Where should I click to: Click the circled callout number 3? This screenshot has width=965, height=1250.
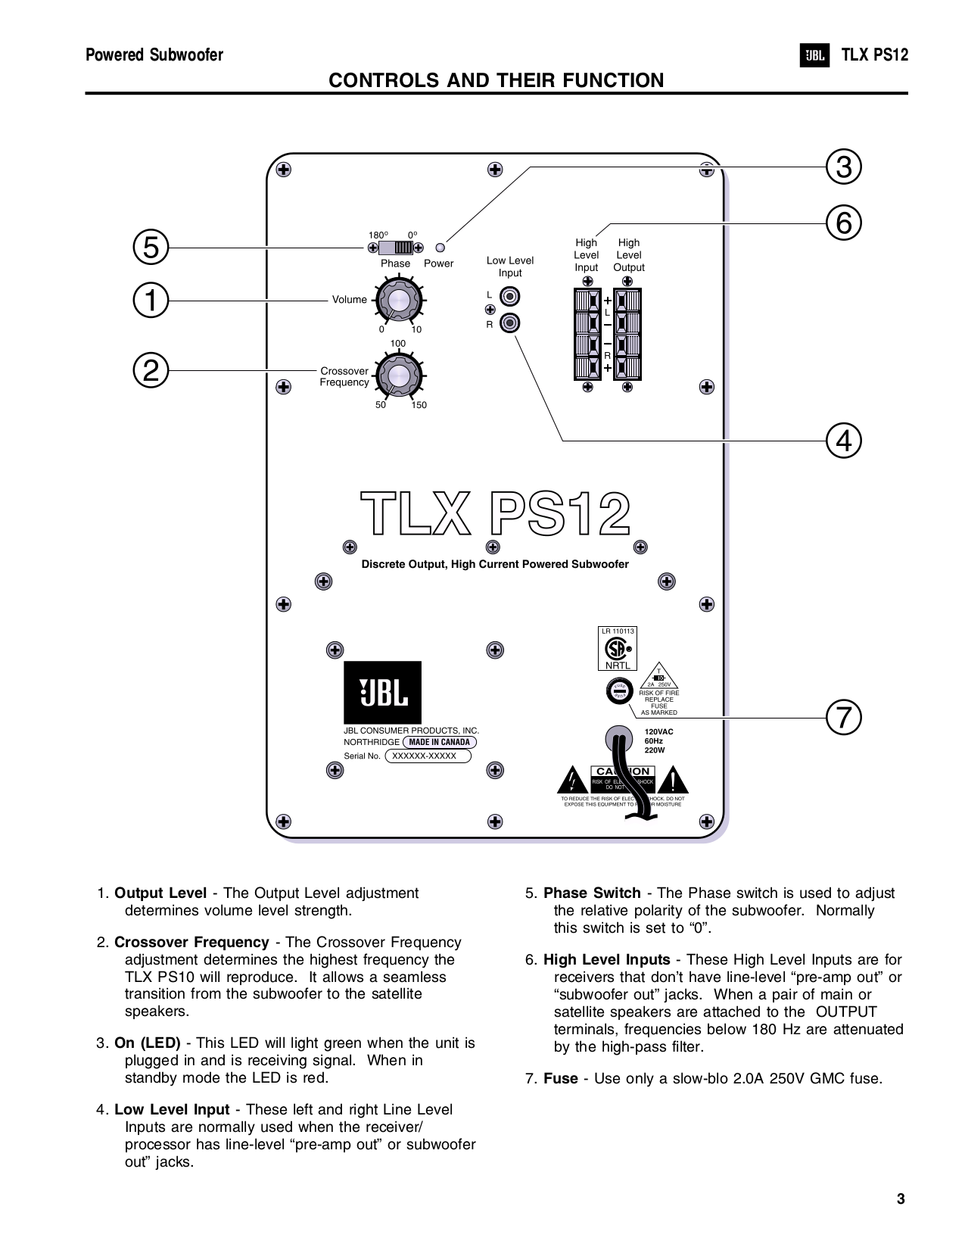(844, 167)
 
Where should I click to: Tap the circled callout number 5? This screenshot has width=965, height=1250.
(151, 247)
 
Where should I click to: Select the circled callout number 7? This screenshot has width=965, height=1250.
(844, 717)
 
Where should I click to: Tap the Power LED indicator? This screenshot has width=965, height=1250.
(441, 248)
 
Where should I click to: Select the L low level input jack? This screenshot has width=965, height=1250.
(511, 296)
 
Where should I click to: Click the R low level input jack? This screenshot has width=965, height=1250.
(511, 324)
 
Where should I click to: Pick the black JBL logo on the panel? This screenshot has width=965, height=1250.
(382, 692)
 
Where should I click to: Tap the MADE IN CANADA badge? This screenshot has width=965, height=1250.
(439, 742)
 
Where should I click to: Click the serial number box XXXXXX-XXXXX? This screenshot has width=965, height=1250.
(428, 756)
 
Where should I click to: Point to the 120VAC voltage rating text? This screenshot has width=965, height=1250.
(658, 732)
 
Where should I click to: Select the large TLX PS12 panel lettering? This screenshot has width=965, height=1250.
(495, 514)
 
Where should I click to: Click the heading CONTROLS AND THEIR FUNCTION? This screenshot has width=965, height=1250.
(496, 80)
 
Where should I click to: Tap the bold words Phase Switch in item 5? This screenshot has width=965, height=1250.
(592, 893)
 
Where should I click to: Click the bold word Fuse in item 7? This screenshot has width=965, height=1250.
(560, 1079)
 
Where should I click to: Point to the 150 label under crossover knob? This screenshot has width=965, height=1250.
(419, 405)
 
